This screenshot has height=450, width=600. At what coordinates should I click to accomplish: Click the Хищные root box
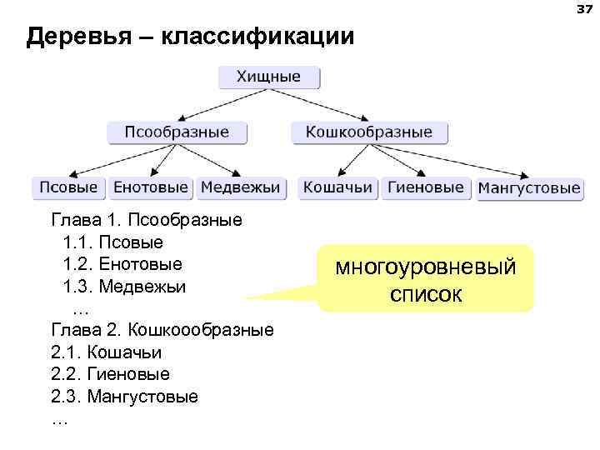[268, 77]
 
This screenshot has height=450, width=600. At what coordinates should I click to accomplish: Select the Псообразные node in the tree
[177, 132]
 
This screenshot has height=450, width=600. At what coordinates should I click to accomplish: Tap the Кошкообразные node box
[369, 132]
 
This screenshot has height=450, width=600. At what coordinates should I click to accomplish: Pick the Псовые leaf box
[69, 188]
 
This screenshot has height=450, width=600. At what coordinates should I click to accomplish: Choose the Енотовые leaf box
[152, 188]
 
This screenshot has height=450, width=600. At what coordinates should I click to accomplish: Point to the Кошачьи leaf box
[337, 188]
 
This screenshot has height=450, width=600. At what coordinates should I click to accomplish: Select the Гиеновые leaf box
[426, 188]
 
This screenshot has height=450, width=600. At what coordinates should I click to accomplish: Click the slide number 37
[582, 9]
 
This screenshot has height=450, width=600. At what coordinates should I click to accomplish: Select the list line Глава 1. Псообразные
[147, 221]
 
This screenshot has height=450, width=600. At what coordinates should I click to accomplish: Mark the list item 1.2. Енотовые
[122, 264]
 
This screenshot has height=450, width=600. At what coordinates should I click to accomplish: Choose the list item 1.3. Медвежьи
[124, 286]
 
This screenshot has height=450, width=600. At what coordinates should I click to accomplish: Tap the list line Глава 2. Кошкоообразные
[162, 329]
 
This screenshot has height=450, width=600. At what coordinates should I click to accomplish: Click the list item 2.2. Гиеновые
[110, 374]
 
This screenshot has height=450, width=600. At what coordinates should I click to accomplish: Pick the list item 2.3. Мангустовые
[124, 396]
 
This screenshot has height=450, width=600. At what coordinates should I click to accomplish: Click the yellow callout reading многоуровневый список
[426, 279]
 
